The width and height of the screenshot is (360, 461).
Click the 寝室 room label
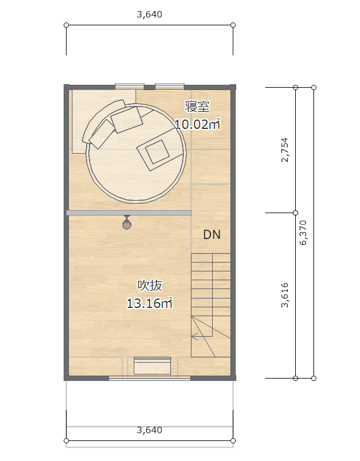tap(197, 106)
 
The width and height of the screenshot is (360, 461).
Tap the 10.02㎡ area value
tap(197, 124)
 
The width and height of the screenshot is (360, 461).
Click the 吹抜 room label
tap(150, 285)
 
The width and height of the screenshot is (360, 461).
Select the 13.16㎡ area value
tap(150, 303)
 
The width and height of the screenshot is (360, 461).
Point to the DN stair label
tap(212, 234)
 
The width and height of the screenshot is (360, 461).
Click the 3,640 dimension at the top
tap(150, 14)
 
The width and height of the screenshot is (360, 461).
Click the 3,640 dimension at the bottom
tap(150, 430)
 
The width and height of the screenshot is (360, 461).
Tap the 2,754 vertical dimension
tap(285, 150)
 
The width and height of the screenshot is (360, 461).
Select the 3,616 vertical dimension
tap(285, 295)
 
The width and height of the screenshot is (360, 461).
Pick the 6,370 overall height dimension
tap(303, 233)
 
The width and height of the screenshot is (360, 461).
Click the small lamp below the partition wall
tap(127, 223)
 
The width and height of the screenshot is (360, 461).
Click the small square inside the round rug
tap(157, 152)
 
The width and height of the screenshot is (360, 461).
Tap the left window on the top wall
tap(130, 87)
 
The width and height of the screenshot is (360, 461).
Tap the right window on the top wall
tap(170, 87)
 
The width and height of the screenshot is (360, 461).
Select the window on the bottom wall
tap(150, 379)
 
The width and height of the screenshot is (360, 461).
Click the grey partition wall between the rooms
tap(129, 213)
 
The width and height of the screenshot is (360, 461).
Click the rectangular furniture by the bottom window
tap(152, 366)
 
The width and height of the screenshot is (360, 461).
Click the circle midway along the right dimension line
tap(296, 213)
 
